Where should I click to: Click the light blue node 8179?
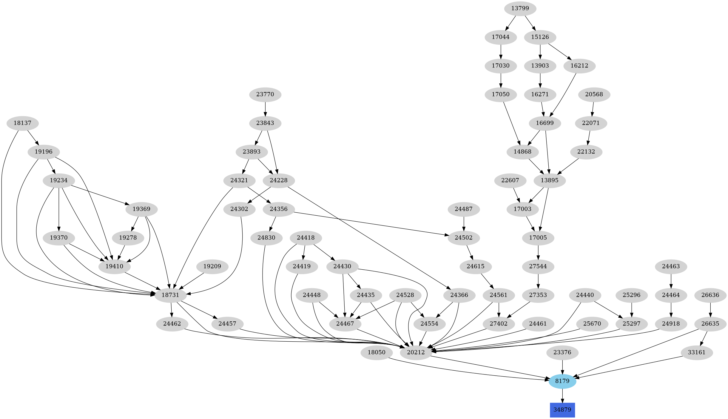[x=562, y=381]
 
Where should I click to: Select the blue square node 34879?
[x=562, y=410]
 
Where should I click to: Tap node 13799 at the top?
[x=520, y=8]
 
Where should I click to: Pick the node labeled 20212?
[x=416, y=352]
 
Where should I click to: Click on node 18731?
[x=170, y=295]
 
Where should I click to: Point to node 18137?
[x=22, y=123]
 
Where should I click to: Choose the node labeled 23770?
[x=265, y=94]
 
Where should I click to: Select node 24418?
[x=306, y=238]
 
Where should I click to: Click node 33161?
[x=696, y=352]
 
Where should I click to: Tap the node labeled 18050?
[x=376, y=352]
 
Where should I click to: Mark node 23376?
[x=562, y=352]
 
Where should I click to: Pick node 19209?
[x=212, y=266]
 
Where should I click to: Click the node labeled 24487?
[x=463, y=209]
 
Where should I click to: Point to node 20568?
[x=594, y=94]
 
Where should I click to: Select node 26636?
[x=710, y=295]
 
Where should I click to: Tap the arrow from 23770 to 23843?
[x=265, y=109]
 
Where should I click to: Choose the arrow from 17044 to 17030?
[x=501, y=51]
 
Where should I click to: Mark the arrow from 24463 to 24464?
[x=671, y=281]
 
